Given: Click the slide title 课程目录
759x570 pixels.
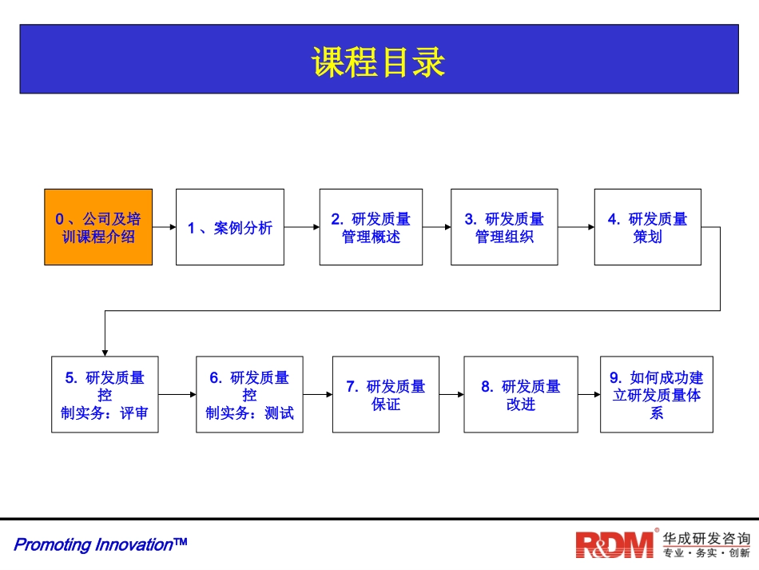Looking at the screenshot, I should coord(379,62).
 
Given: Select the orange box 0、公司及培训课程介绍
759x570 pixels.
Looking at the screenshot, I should coord(98,227).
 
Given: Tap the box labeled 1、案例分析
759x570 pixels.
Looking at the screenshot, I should coord(230,227).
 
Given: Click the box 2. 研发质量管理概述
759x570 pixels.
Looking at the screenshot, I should coord(372,227).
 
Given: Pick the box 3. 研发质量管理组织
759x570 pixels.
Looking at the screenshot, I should coord(504,227).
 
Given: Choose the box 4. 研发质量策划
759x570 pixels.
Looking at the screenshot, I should coord(647,227).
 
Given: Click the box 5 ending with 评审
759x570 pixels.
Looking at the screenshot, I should coord(105,394).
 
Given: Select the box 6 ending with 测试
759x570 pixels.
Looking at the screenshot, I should coord(249,394).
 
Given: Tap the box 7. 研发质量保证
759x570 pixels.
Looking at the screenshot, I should coord(386,394).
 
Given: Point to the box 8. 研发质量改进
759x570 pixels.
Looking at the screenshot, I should coord(520,394).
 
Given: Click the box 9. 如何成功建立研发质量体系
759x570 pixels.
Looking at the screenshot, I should coord(657,394).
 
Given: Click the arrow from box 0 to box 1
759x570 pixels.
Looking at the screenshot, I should coord(164,227).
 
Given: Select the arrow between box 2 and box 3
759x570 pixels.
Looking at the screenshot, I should coord(437,227).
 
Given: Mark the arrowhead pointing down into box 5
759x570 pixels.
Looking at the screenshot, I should coord(105,351).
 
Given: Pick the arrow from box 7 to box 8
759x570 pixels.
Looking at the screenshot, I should coord(451,394).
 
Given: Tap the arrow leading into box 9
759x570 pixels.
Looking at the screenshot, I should coord(588,394).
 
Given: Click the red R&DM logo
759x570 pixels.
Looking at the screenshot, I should coord(615,544).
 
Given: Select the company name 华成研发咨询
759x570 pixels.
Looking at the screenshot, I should coord(706,537).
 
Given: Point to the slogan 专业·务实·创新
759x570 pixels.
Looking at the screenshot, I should coord(706,553).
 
